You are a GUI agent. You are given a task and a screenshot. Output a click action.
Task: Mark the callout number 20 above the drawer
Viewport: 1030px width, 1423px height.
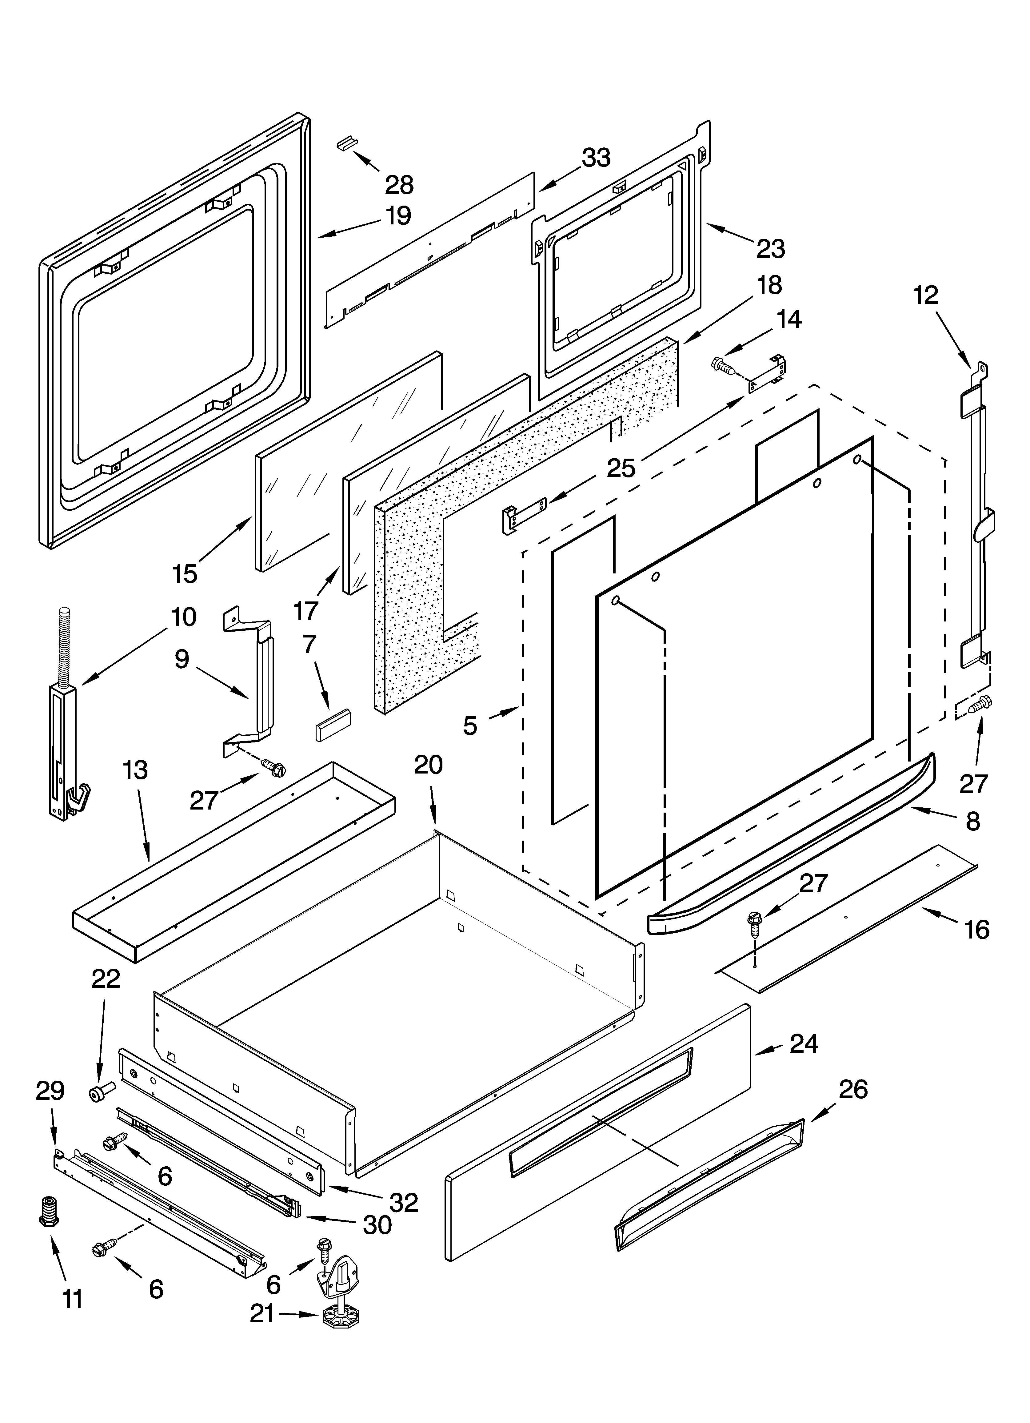pyautogui.click(x=429, y=765)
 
